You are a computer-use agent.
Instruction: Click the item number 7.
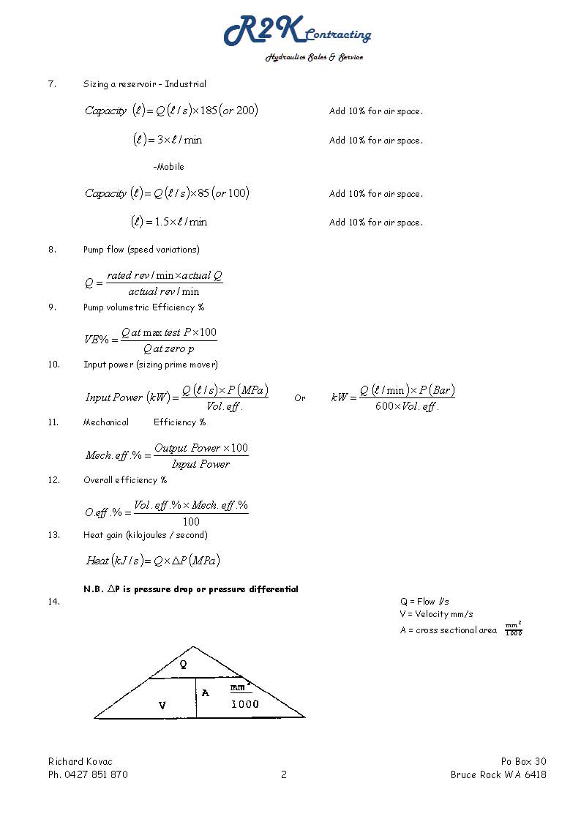click(x=52, y=84)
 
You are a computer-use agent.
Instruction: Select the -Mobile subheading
click(x=168, y=167)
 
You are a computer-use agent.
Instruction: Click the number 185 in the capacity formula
click(x=209, y=111)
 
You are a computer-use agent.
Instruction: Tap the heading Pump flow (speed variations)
click(x=141, y=250)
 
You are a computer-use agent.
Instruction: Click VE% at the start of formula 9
click(x=97, y=340)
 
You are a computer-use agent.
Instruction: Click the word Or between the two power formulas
click(x=300, y=398)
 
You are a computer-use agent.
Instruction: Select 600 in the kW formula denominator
click(x=384, y=406)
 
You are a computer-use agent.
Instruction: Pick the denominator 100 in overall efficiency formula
click(x=191, y=522)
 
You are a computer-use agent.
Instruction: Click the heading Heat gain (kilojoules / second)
click(x=145, y=535)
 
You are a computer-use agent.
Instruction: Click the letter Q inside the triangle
click(x=183, y=665)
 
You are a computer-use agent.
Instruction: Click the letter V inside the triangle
click(x=162, y=706)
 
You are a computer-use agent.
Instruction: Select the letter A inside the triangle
click(x=205, y=692)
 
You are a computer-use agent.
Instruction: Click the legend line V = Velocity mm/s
click(x=436, y=614)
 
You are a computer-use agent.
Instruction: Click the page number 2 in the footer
click(x=284, y=774)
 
